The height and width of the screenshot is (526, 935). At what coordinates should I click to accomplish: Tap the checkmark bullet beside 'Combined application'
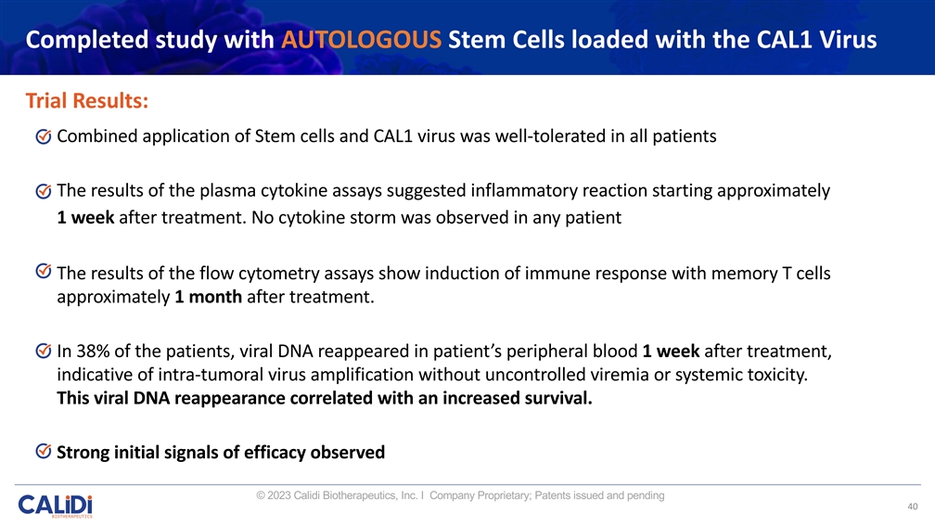(44, 137)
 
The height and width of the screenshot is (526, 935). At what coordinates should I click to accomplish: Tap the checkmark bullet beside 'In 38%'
(44, 353)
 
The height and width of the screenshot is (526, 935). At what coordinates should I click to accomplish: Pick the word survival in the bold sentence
(553, 400)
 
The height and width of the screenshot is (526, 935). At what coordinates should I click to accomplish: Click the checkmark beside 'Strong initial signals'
(44, 452)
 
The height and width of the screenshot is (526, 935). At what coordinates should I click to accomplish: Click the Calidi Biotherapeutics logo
(55, 507)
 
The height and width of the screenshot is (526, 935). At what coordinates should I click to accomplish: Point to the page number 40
(913, 507)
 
